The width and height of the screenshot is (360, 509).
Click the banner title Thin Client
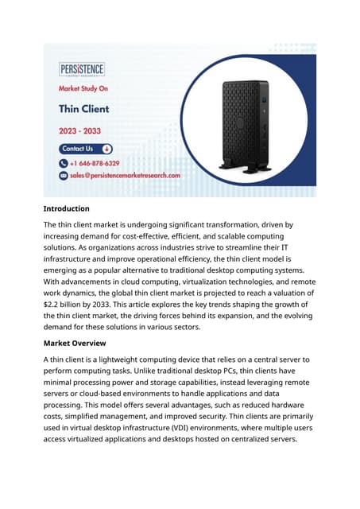[83, 109]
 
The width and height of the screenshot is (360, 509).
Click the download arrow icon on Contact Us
[106, 149]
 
